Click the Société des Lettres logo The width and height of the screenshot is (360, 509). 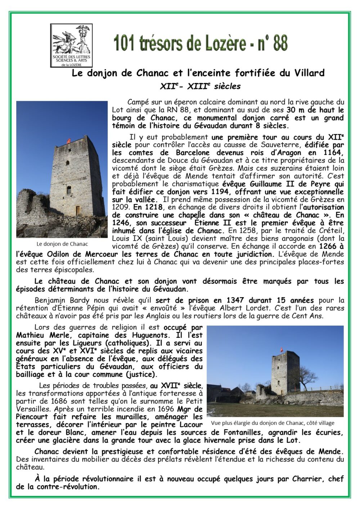pyautogui.click(x=71, y=45)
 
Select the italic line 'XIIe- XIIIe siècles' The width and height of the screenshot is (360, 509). pyautogui.click(x=200, y=87)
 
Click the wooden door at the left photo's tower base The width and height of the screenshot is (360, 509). pyautogui.click(x=77, y=210)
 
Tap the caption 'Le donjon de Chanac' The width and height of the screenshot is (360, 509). pyautogui.click(x=62, y=244)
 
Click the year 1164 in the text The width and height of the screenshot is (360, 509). pyautogui.click(x=333, y=152)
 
